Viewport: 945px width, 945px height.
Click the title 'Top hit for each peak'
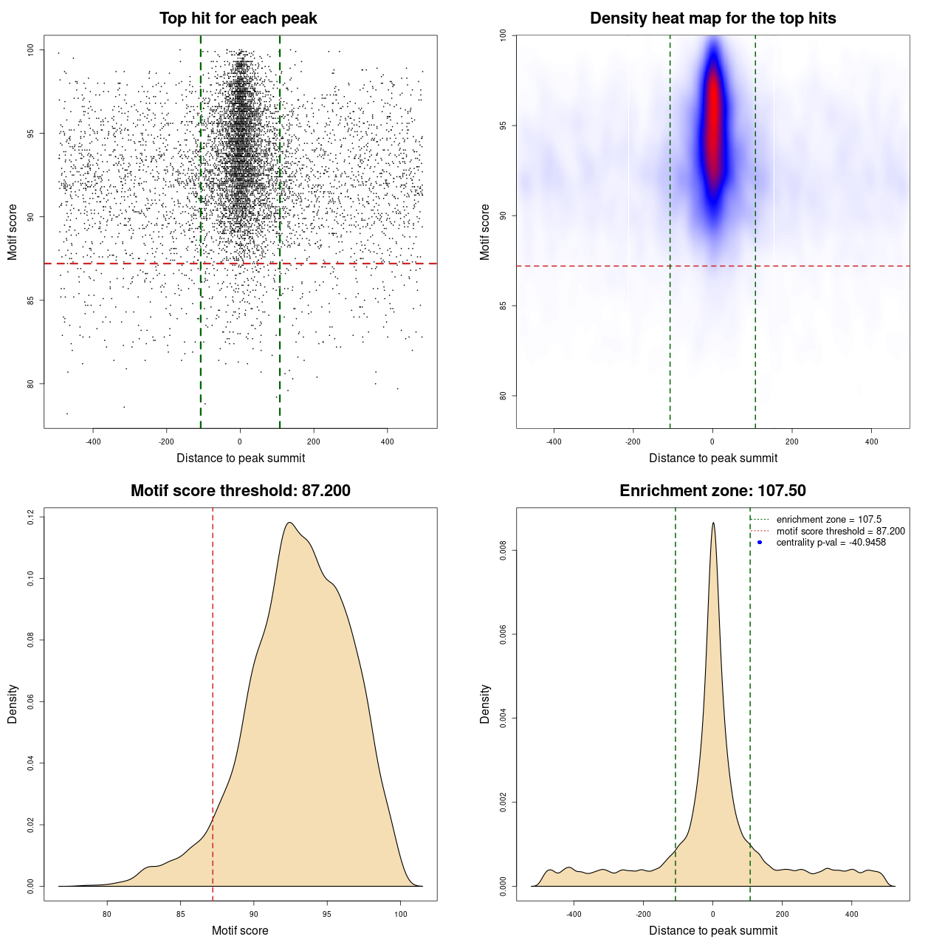pyautogui.click(x=238, y=18)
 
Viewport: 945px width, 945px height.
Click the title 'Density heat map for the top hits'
pyautogui.click(x=712, y=18)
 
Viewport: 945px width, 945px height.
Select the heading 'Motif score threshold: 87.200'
pyautogui.click(x=240, y=491)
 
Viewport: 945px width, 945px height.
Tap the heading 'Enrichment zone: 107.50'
pyautogui.click(x=712, y=491)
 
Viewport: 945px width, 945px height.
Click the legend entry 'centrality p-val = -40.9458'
pyautogui.click(x=831, y=543)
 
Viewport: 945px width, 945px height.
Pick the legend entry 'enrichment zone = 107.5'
pyautogui.click(x=828, y=520)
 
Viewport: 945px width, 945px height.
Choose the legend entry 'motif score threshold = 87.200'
pyautogui.click(x=840, y=532)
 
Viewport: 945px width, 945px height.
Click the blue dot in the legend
pyautogui.click(x=760, y=543)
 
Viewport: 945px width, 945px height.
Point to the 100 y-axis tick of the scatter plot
pyautogui.click(x=31, y=50)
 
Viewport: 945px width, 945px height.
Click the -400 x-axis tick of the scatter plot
pyautogui.click(x=93, y=441)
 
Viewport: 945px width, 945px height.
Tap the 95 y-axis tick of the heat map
pyautogui.click(x=504, y=126)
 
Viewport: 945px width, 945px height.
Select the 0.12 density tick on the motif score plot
pyautogui.click(x=31, y=517)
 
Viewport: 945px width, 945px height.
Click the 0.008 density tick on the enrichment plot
pyautogui.click(x=504, y=550)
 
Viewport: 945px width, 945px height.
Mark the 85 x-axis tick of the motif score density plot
pyautogui.click(x=181, y=914)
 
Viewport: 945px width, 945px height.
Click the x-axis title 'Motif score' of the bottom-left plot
pyautogui.click(x=240, y=930)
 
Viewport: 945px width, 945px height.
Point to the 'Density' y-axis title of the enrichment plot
pyautogui.click(x=485, y=704)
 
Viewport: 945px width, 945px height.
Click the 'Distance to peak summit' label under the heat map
pyautogui.click(x=713, y=458)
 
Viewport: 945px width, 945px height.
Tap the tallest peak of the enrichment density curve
pyautogui.click(x=713, y=523)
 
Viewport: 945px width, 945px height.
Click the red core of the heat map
pyautogui.click(x=713, y=118)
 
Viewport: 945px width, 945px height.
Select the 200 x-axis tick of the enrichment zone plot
pyautogui.click(x=783, y=914)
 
